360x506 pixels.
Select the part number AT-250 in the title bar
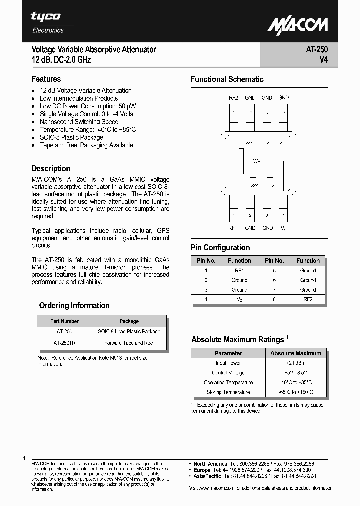317,50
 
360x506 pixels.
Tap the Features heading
46,79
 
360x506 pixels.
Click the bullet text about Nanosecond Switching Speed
79,122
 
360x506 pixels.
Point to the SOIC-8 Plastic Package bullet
71,137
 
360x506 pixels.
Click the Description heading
51,169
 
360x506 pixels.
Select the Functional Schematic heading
227,79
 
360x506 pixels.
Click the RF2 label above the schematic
233,98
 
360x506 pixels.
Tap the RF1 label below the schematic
233,228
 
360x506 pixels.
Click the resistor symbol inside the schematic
256,161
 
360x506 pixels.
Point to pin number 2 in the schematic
250,215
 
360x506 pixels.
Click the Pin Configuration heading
220,248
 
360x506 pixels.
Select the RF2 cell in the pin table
308,299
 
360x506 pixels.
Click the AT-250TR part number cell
64,343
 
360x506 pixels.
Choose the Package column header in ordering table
129,321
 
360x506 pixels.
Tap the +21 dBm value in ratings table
296,363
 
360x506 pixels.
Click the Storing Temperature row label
228,392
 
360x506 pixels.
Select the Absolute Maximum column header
296,353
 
